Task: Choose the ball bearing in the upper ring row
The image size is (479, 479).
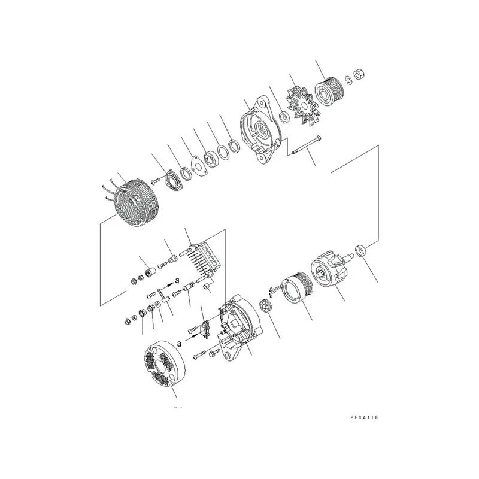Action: [211, 160]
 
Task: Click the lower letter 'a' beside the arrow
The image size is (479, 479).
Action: [178, 342]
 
